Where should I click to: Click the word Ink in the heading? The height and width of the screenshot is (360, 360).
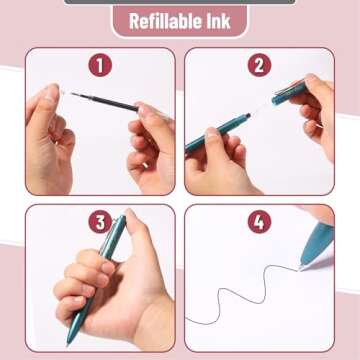tap(217, 21)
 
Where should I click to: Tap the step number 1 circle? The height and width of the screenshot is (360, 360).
tap(100, 65)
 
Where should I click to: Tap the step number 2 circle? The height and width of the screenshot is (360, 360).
tap(259, 65)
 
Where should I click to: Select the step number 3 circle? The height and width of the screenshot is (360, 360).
tap(100, 222)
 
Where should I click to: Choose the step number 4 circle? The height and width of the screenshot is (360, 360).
tap(259, 222)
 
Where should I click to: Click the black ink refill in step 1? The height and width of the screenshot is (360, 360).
tap(104, 102)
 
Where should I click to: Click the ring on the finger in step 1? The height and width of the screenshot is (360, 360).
tap(145, 165)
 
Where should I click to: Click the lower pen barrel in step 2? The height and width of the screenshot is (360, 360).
tap(217, 133)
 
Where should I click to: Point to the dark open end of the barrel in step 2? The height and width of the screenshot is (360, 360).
tap(248, 116)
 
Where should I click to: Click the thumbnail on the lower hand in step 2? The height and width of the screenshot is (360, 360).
tap(212, 133)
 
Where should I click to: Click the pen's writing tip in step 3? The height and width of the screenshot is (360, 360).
tap(68, 343)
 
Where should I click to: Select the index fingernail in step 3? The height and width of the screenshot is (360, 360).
tap(108, 267)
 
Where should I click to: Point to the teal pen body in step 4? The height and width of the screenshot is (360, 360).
tap(317, 243)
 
